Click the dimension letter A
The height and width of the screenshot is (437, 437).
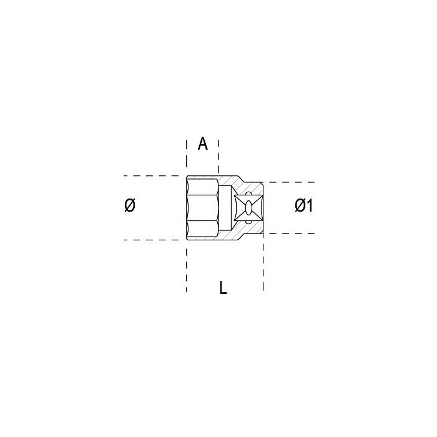203,144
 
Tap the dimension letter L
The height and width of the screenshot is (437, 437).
223,288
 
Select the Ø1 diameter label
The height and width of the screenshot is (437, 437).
304,205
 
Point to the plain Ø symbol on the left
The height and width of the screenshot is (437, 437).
130,205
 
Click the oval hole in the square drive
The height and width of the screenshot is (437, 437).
248,208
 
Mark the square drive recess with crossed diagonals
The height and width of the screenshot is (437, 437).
248,208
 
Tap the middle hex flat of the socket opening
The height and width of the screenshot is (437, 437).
202,208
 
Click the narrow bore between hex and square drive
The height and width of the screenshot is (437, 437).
225,208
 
